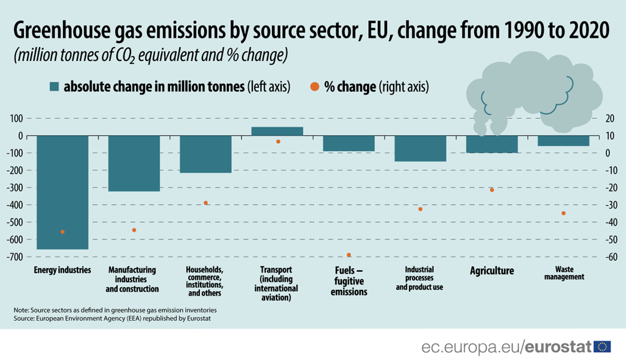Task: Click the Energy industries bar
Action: [63, 192]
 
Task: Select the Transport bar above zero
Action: [277, 131]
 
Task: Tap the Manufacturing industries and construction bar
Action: [134, 163]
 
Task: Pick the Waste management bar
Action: [563, 141]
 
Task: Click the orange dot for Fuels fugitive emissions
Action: [349, 255]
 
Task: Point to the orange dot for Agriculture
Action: [491, 190]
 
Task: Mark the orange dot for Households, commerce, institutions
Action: [206, 203]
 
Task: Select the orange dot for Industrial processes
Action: [420, 209]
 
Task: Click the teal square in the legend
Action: [54, 86]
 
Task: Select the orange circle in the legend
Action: [314, 86]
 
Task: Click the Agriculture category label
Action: [491, 270]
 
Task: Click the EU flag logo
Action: [603, 347]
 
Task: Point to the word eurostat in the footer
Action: [559, 347]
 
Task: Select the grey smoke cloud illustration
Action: [533, 91]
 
